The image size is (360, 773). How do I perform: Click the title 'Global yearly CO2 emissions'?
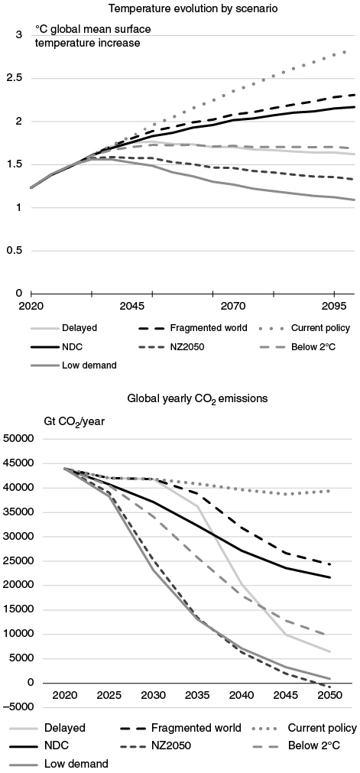coord(180,398)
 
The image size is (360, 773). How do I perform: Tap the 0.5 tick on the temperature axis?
coord(15,250)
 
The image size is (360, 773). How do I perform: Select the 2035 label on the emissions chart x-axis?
coord(197,700)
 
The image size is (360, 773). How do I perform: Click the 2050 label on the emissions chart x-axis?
coord(329,700)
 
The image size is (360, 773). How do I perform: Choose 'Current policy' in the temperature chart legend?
coord(319,328)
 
